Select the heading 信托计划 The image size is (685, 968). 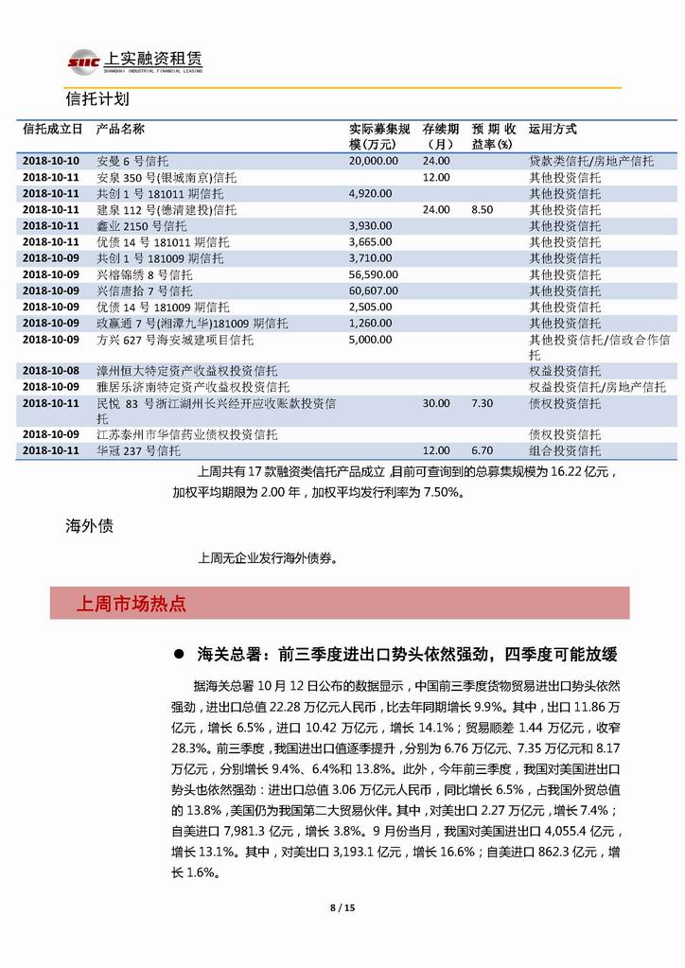point(97,99)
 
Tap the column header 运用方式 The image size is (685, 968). point(553,130)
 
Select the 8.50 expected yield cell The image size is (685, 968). point(483,209)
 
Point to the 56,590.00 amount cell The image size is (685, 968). point(374,274)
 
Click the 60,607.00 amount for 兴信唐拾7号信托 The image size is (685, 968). point(374,290)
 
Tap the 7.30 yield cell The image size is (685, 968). point(483,403)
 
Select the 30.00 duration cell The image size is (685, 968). point(436,403)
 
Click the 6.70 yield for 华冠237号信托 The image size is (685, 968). point(483,451)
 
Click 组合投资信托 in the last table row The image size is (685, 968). point(564,451)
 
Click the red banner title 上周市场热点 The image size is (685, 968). point(131,603)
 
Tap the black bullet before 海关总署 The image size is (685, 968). point(178,654)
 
